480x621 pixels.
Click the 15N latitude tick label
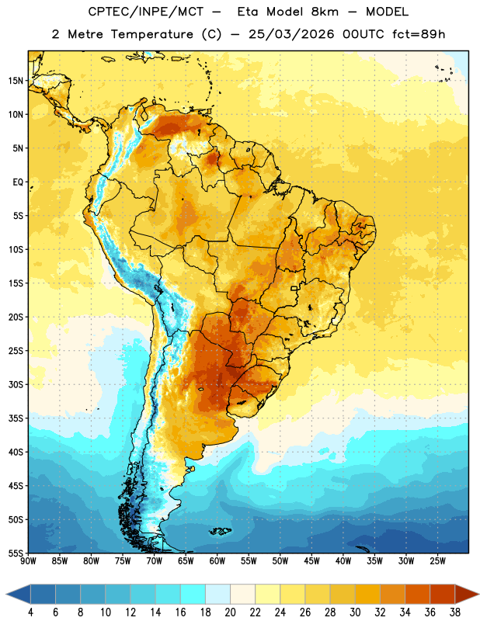(x=16, y=81)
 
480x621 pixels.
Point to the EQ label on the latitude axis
(x=18, y=182)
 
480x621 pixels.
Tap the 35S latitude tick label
(x=16, y=418)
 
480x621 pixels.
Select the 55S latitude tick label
(x=16, y=553)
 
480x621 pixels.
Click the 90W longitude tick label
(x=28, y=561)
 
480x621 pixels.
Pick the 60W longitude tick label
(x=217, y=561)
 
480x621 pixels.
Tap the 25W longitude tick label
(x=437, y=561)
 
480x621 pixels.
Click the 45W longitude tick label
(x=311, y=561)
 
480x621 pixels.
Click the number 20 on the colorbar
(x=230, y=612)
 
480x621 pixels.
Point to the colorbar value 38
(x=455, y=612)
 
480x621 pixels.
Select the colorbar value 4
(x=30, y=612)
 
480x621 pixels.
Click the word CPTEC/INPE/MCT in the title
(x=146, y=12)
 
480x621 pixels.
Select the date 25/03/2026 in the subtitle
(x=291, y=34)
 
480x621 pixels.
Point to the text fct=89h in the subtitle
(x=419, y=34)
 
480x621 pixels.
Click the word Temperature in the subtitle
(x=152, y=34)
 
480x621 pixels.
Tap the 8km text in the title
(x=325, y=12)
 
